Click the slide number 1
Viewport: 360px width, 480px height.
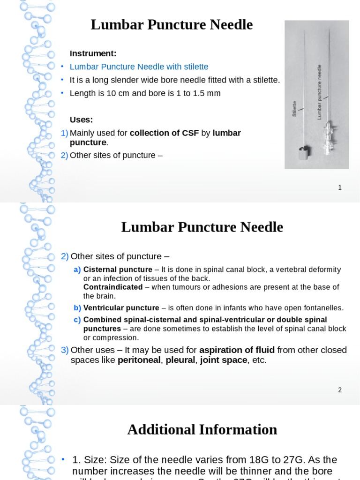pos(340,187)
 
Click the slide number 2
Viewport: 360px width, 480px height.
pos(340,390)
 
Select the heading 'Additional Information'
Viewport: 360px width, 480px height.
pos(202,429)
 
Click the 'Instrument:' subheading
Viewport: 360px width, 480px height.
pos(93,53)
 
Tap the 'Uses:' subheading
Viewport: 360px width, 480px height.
pos(82,120)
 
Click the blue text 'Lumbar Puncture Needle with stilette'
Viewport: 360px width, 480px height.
pos(139,67)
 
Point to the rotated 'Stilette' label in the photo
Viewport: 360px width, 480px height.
pos(295,108)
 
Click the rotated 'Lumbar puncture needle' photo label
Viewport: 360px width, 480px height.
pos(320,92)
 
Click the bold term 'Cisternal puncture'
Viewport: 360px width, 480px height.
pos(112,270)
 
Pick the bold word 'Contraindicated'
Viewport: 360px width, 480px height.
pos(113,287)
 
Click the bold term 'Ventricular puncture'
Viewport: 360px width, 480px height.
pos(121,308)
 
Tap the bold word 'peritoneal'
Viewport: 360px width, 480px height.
pos(138,360)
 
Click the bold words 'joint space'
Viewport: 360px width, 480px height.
pos(224,360)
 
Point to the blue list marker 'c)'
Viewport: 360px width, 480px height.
pos(77,320)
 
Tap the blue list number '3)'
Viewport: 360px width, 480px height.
pos(65,350)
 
